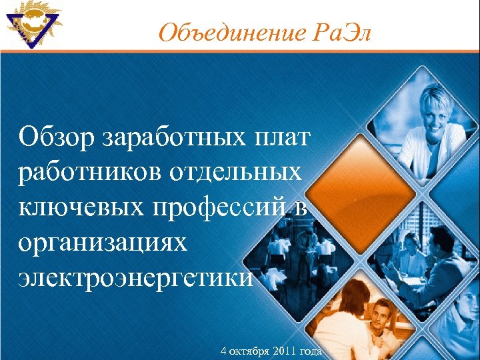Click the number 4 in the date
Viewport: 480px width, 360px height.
point(223,351)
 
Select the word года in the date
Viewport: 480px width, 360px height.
point(310,351)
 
